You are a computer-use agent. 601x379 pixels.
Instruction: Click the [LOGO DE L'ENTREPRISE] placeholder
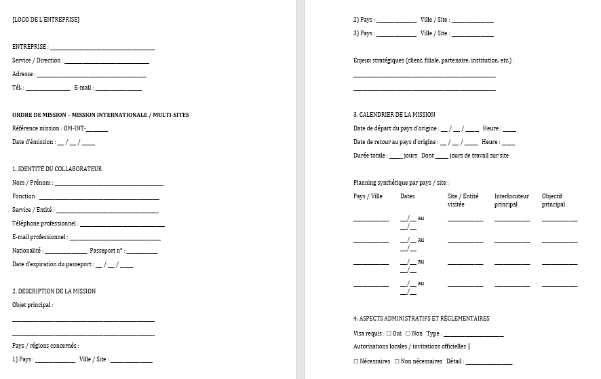coord(45,19)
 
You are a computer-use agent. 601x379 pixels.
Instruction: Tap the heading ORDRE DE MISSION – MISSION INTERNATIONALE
coord(96,115)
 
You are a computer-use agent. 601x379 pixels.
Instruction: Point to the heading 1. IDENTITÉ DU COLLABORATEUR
coord(57,169)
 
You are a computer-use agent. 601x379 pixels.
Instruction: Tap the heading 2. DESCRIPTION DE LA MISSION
coord(54,291)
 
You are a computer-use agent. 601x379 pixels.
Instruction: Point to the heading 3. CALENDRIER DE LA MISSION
coord(394,115)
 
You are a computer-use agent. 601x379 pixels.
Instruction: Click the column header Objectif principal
coord(554,200)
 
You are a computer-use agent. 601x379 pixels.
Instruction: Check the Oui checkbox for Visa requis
coord(389,333)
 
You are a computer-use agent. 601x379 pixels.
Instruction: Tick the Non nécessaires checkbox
coord(397,361)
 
